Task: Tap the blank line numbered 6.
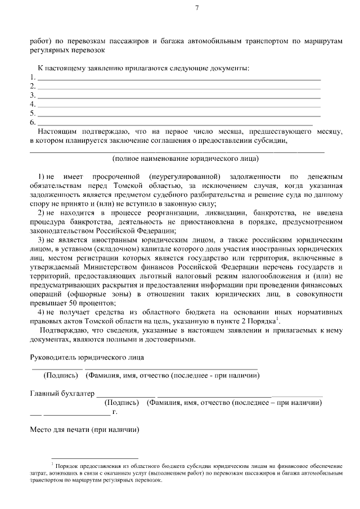(174, 122)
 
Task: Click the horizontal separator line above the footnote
(94, 458)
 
